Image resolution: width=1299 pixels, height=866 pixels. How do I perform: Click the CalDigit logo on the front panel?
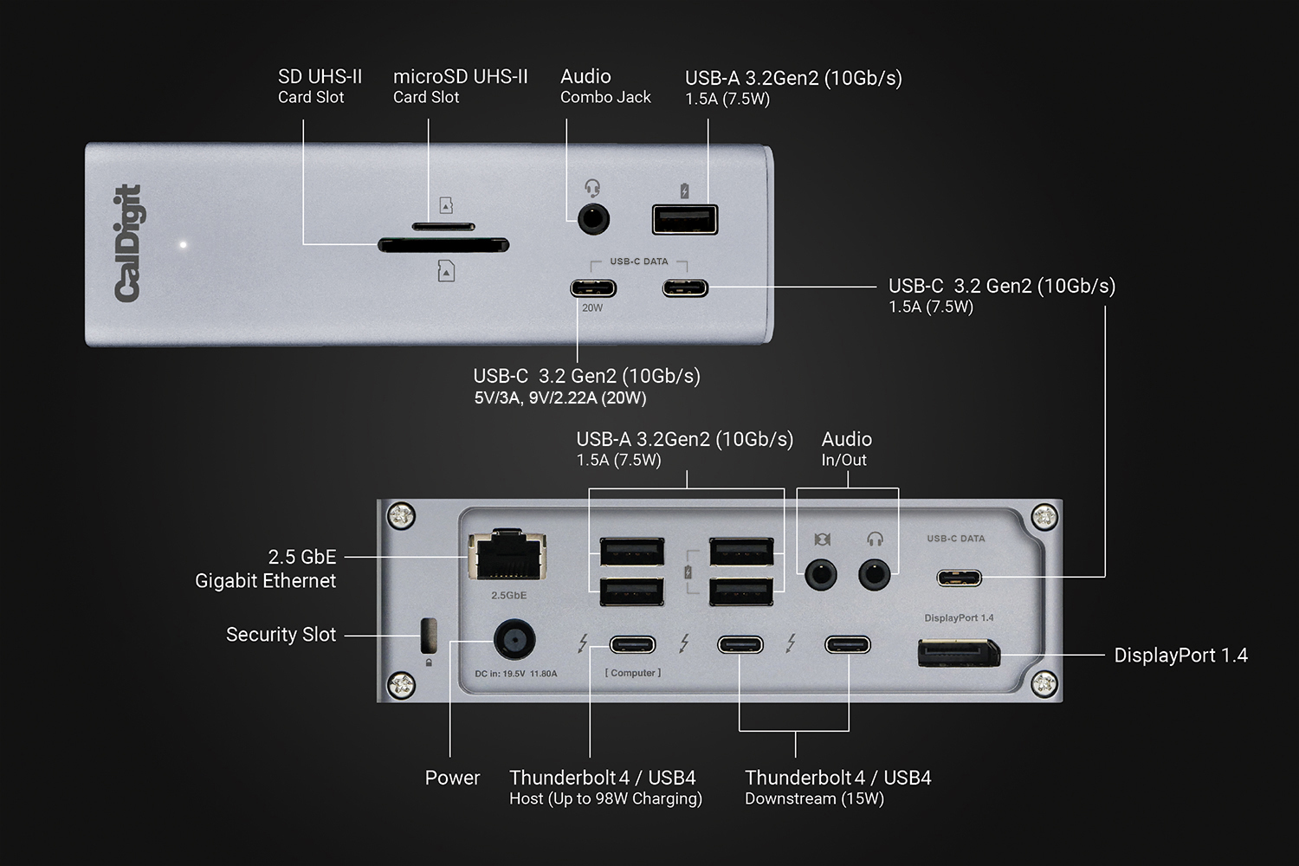(128, 243)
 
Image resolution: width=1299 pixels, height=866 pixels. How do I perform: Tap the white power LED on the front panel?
(183, 245)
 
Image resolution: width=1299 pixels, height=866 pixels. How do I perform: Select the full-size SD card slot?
(443, 246)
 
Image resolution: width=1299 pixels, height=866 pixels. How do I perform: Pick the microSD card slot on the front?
(443, 227)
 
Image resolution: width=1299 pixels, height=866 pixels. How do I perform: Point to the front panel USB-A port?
(685, 219)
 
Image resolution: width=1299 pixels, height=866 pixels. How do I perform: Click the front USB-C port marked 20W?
(593, 288)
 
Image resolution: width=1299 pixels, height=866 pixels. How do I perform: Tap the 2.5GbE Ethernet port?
(507, 555)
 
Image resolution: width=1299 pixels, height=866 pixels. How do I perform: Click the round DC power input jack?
(514, 642)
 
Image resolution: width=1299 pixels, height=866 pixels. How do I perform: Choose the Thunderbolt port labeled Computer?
(633, 644)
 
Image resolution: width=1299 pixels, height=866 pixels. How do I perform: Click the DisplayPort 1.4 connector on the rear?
(958, 652)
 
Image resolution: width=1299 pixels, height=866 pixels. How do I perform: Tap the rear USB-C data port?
(959, 578)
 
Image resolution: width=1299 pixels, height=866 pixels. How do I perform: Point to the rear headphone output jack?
(875, 573)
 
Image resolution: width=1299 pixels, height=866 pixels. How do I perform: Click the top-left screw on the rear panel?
(401, 517)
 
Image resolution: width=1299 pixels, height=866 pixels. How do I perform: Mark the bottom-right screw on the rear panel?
(1044, 684)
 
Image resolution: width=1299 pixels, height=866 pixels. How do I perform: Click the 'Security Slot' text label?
(281, 635)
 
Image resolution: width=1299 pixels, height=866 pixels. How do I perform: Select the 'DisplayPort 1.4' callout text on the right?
(1180, 656)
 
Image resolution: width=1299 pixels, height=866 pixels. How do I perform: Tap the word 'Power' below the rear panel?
(452, 778)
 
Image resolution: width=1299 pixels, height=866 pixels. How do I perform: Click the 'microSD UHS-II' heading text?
(460, 77)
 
